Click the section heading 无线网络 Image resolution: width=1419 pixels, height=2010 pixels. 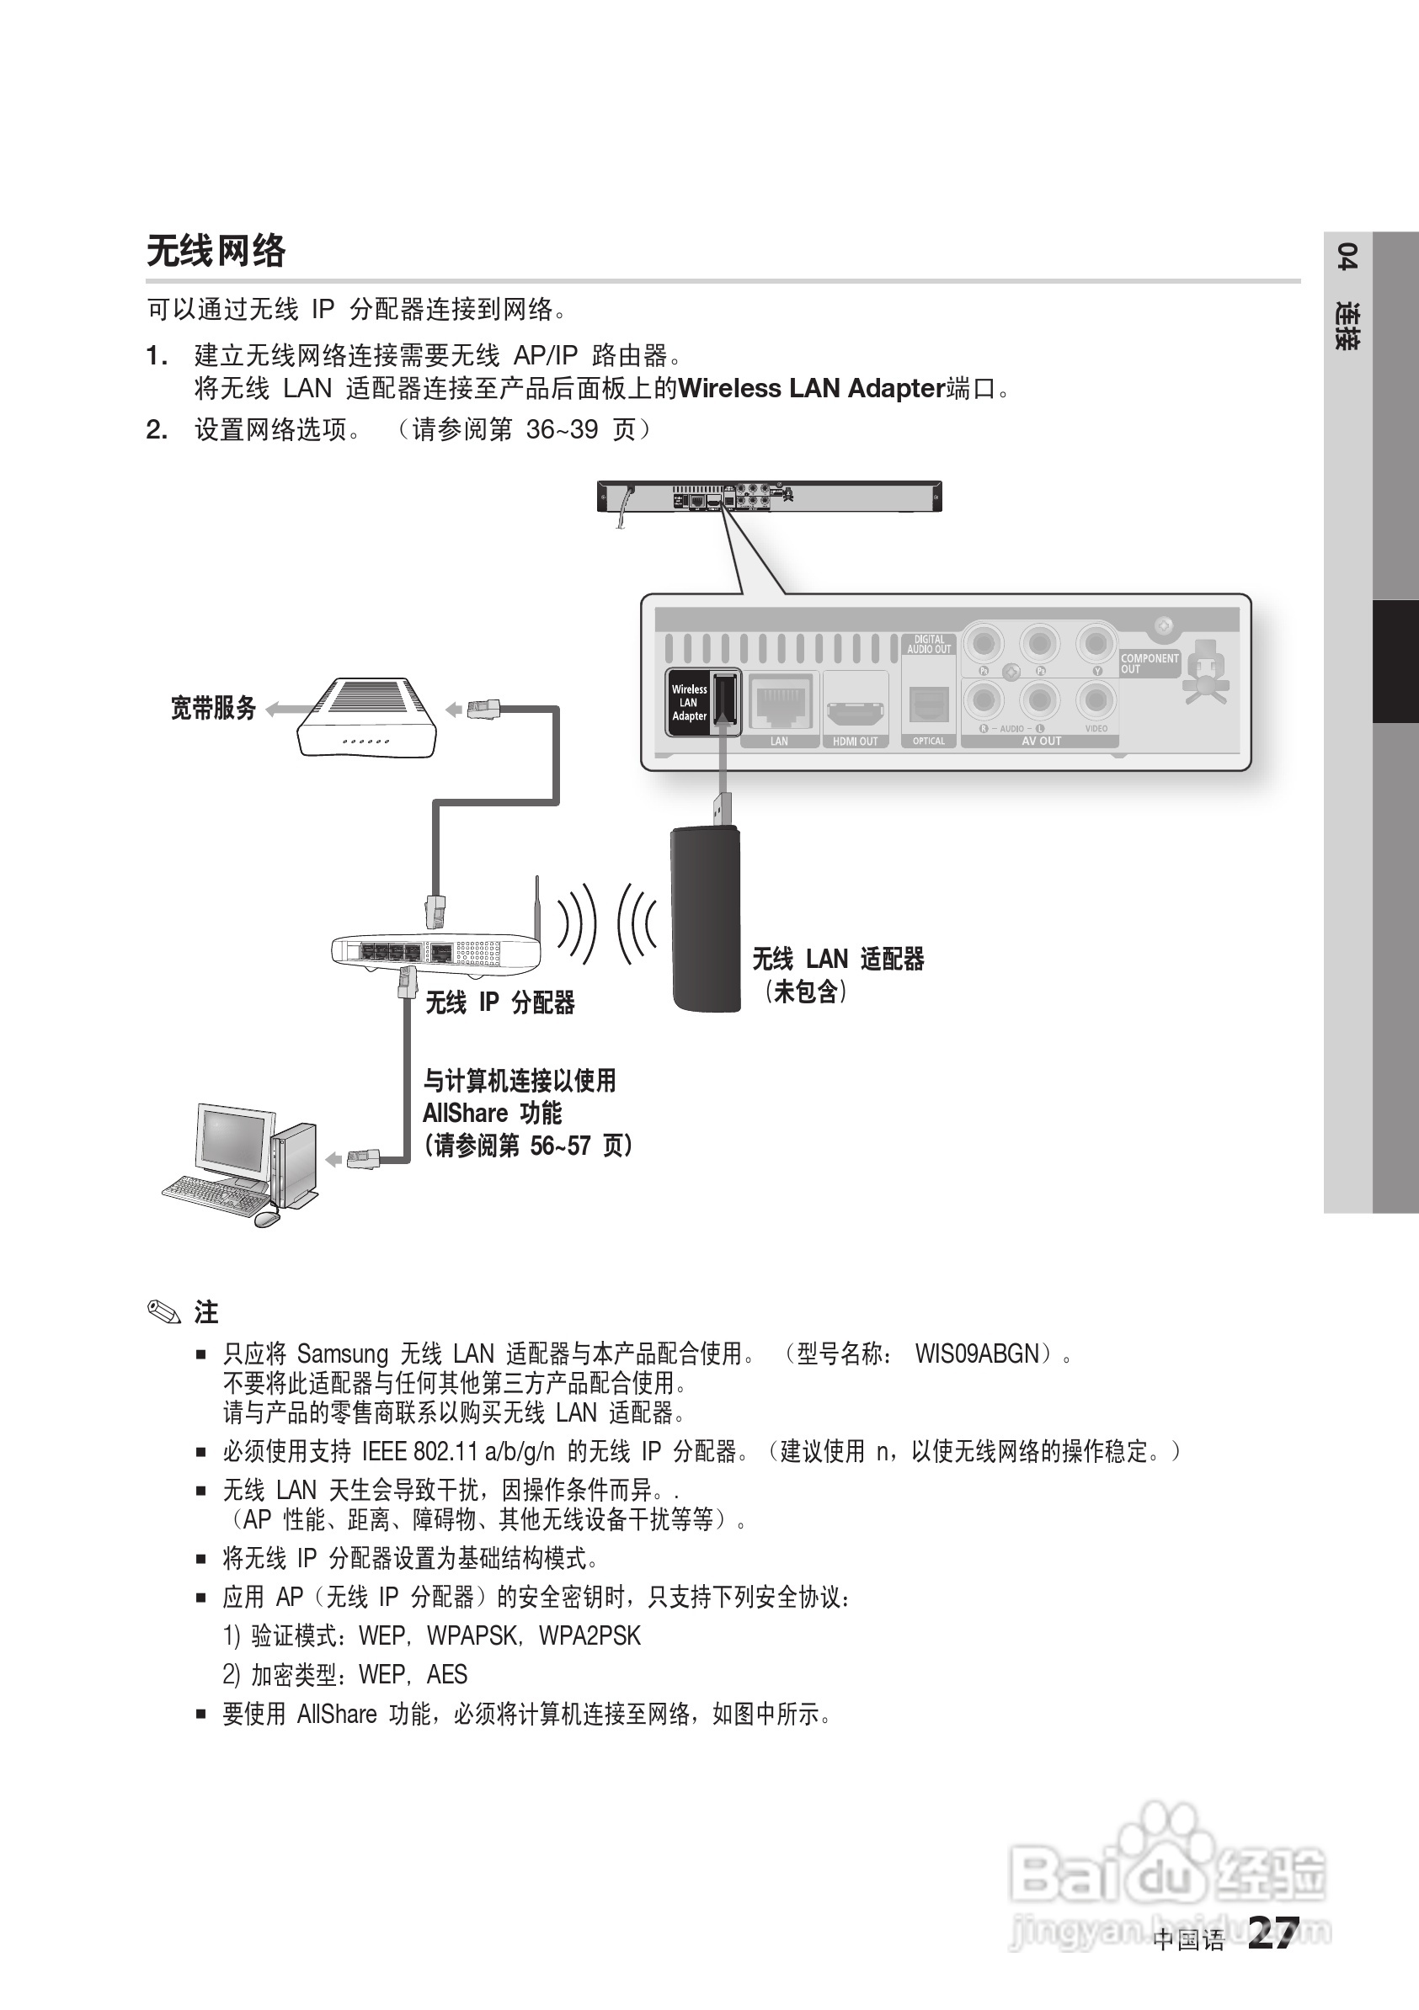(216, 251)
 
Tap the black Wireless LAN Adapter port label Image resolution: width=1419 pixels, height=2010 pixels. (690, 702)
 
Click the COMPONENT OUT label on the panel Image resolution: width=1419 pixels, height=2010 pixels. (1150, 662)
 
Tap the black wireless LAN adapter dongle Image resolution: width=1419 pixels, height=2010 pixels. (705, 919)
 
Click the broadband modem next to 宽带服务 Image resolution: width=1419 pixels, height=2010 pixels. (367, 717)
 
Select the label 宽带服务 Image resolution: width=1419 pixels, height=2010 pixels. (213, 707)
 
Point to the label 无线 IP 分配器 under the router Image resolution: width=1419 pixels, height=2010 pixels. (499, 1002)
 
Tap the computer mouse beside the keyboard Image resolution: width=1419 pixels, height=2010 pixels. (266, 1218)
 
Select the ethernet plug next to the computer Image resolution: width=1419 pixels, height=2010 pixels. (363, 1159)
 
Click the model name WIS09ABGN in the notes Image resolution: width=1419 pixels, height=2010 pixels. (977, 1353)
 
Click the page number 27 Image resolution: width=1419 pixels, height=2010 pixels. (1272, 1934)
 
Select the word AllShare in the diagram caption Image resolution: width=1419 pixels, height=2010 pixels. (465, 1114)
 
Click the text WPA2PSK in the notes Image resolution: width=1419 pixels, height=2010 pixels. (589, 1635)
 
